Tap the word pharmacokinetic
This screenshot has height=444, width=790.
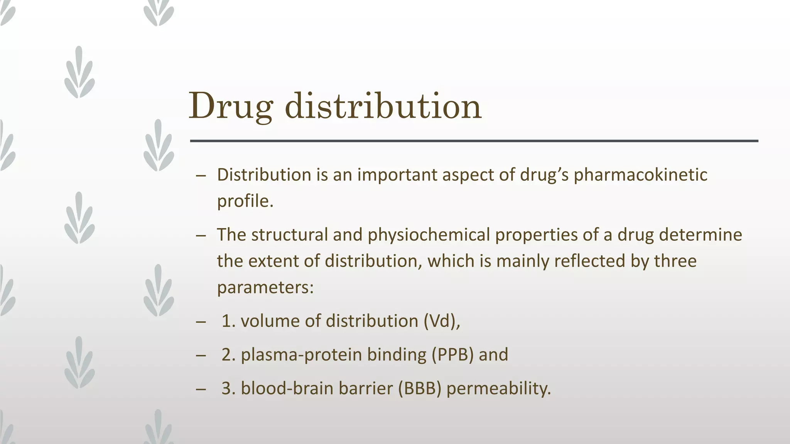[640, 175]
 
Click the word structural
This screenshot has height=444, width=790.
[289, 235]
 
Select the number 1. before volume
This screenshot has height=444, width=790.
[228, 321]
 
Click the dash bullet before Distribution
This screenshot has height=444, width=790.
[201, 176]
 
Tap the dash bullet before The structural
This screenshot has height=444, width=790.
[201, 235]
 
